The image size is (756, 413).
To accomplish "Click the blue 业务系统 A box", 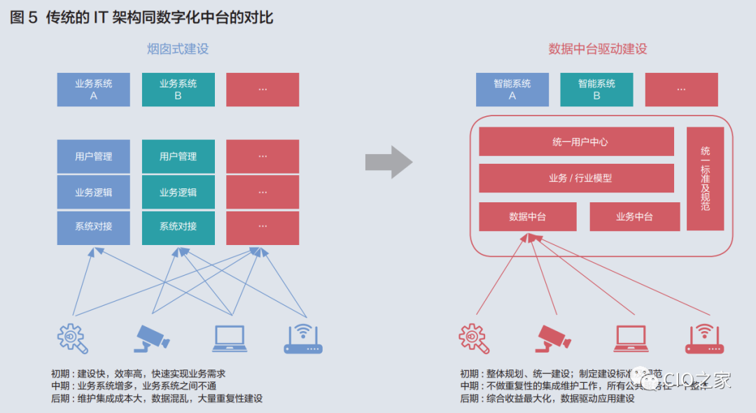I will click(x=94, y=90).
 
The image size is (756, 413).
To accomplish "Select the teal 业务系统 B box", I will click(x=178, y=90).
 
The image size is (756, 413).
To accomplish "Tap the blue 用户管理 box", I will click(x=94, y=157).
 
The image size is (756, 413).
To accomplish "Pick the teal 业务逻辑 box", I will click(x=178, y=192).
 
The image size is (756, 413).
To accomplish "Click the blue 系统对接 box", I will click(x=94, y=227).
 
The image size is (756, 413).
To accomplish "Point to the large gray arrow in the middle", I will click(x=388, y=162).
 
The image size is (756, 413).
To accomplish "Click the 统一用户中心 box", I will click(x=576, y=141).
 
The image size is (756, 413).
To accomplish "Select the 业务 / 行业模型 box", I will click(x=576, y=178).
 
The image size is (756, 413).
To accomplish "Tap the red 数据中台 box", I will click(x=527, y=217).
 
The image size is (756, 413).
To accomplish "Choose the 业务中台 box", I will click(x=634, y=217).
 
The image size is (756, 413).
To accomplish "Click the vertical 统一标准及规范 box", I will click(x=705, y=178).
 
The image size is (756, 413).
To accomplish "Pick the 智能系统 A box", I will click(x=512, y=90).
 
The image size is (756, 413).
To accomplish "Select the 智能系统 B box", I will click(x=596, y=90).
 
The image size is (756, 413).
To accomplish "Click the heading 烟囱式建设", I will click(x=178, y=49).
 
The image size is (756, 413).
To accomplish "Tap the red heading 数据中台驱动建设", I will click(x=597, y=49).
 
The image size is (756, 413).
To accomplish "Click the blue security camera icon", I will click(x=151, y=338).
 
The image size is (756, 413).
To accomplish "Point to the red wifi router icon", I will click(x=703, y=338).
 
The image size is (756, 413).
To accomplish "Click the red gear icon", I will click(x=474, y=338).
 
